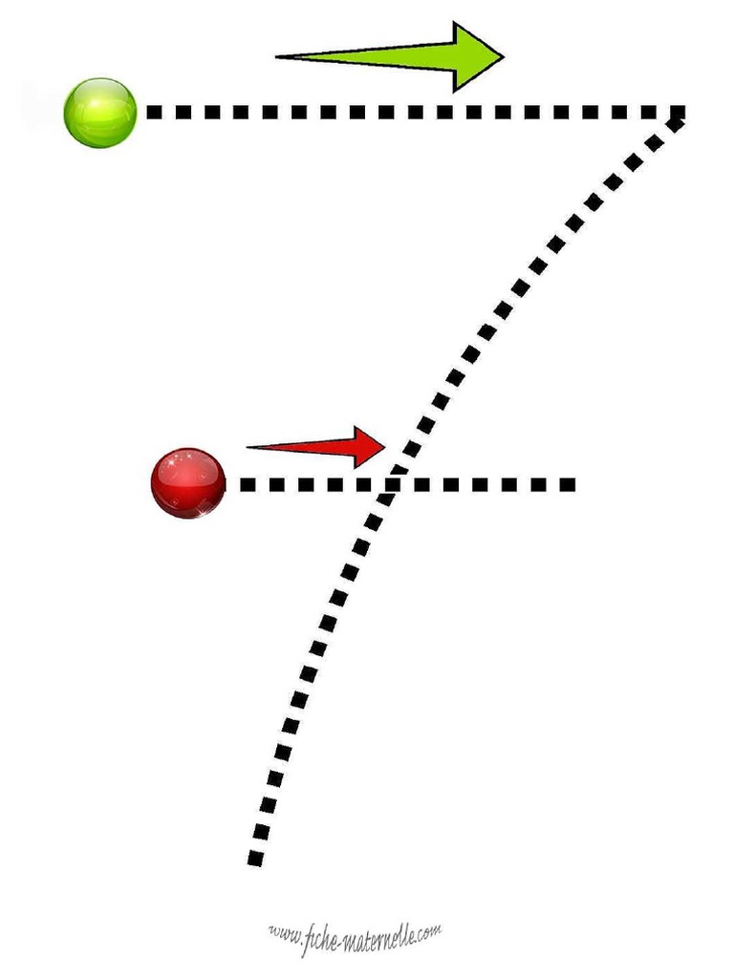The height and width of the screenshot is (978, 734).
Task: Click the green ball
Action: (x=100, y=113)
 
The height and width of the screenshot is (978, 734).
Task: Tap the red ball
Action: (x=188, y=482)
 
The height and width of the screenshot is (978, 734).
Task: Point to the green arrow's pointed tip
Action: (x=503, y=56)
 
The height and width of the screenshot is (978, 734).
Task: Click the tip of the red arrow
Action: (x=384, y=445)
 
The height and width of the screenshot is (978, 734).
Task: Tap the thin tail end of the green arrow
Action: (x=279, y=57)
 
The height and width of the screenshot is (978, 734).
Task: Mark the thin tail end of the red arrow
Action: (x=249, y=446)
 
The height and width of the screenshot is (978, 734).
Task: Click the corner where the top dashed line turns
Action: (x=677, y=114)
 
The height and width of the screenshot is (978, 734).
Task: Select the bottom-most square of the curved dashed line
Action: (x=255, y=859)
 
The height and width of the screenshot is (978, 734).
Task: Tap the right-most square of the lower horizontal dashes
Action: (x=568, y=484)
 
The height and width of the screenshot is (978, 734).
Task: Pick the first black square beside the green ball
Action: (x=154, y=112)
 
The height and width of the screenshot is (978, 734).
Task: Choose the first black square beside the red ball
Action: (x=248, y=484)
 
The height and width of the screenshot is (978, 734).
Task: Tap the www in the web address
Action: (x=284, y=932)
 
